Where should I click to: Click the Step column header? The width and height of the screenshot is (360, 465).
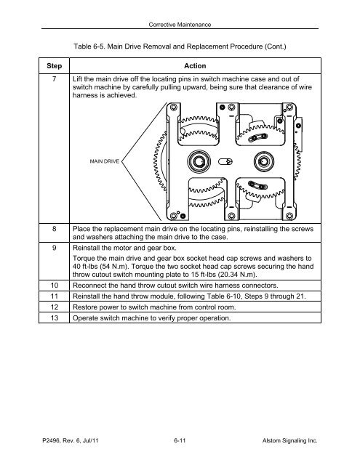click(54, 66)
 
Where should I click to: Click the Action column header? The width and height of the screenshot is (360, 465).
click(195, 66)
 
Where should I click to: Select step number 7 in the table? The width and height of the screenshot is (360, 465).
click(54, 79)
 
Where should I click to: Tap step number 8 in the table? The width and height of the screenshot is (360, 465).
click(54, 229)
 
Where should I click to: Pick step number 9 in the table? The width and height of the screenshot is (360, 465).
click(54, 248)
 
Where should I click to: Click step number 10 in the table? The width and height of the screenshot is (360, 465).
click(55, 286)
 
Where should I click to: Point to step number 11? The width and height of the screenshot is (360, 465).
click(55, 296)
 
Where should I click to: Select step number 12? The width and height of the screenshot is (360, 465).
click(55, 307)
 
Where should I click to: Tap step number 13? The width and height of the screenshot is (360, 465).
click(55, 318)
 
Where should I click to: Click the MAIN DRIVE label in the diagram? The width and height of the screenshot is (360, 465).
click(105, 161)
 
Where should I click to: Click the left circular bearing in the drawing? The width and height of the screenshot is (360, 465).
click(199, 161)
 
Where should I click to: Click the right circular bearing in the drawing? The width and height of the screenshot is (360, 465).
click(264, 161)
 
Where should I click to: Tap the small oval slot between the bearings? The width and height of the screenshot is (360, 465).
click(225, 161)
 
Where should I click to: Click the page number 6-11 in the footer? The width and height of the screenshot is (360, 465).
click(180, 441)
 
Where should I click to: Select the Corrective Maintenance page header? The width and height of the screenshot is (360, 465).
click(180, 25)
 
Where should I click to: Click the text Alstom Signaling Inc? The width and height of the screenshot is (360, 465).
click(289, 441)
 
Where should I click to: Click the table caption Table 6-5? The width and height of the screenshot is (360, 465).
click(89, 46)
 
